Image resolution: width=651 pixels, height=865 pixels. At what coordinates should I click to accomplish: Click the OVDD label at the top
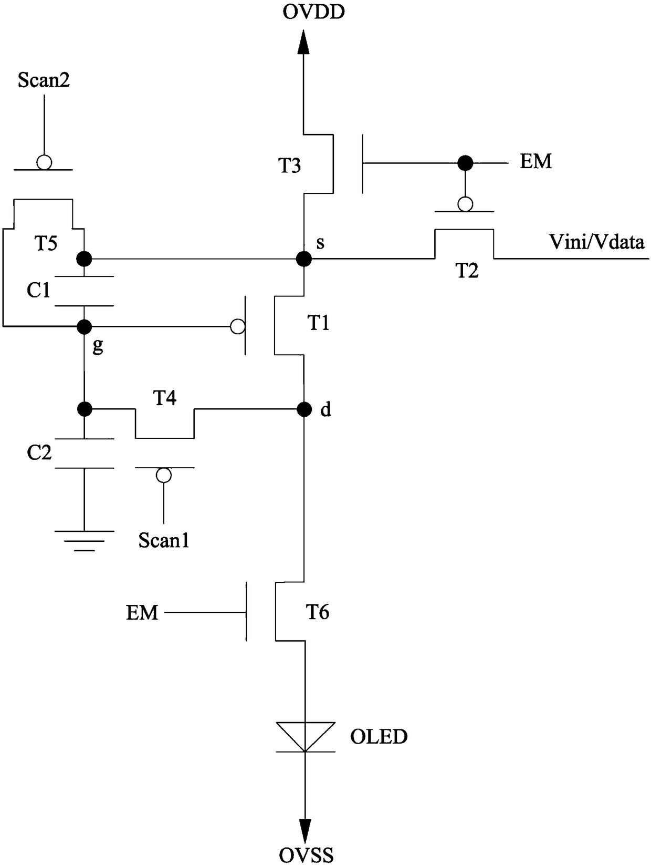pyautogui.click(x=313, y=12)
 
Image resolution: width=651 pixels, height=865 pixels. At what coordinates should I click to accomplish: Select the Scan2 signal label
pyautogui.click(x=44, y=80)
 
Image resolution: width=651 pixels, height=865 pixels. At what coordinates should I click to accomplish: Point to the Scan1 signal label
pyautogui.click(x=164, y=540)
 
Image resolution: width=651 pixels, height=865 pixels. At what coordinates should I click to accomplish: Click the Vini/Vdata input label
pyautogui.click(x=597, y=242)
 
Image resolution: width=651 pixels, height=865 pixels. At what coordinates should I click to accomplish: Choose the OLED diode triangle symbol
pyautogui.click(x=306, y=737)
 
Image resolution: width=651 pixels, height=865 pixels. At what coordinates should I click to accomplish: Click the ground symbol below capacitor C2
pyautogui.click(x=84, y=541)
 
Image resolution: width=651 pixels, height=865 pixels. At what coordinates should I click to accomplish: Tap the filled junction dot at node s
pyautogui.click(x=303, y=259)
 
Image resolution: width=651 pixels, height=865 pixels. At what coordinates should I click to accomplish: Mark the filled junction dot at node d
pyautogui.click(x=304, y=409)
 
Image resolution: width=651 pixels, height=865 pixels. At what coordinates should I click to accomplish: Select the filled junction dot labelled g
pyautogui.click(x=84, y=327)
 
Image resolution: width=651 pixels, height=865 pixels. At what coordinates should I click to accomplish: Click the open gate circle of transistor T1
pyautogui.click(x=238, y=327)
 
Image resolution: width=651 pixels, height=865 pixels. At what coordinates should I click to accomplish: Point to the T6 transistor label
pyautogui.click(x=317, y=612)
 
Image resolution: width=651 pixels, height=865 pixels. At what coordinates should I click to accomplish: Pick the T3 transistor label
pyautogui.click(x=290, y=166)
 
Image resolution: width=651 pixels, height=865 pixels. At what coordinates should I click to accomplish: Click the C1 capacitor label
pyautogui.click(x=38, y=291)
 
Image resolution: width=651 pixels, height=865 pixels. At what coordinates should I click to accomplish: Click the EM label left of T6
pyautogui.click(x=142, y=613)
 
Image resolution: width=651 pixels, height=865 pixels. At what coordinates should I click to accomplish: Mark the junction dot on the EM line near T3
pyautogui.click(x=465, y=162)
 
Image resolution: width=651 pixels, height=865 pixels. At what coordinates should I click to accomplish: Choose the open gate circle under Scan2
pyautogui.click(x=44, y=162)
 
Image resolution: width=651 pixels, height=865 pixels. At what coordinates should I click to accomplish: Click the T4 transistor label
pyautogui.click(x=164, y=398)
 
